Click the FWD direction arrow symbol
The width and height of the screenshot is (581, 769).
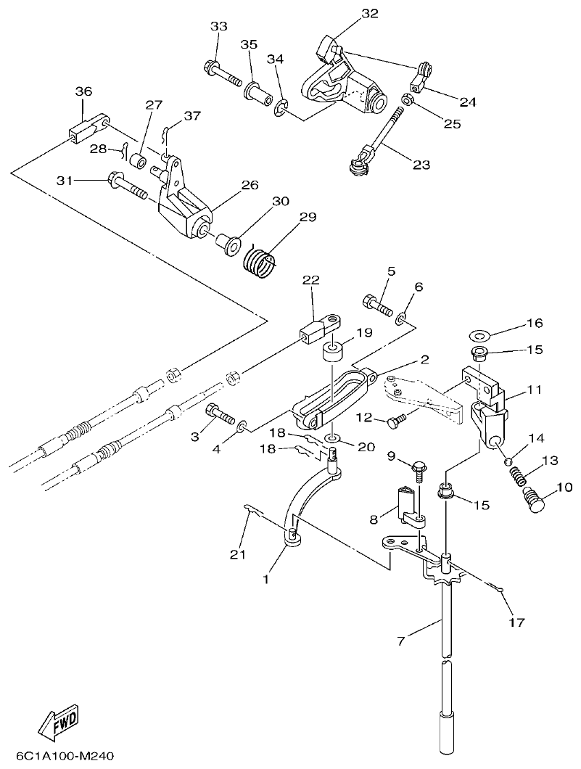(60, 723)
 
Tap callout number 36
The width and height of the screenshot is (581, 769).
(83, 91)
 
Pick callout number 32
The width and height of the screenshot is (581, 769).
(369, 14)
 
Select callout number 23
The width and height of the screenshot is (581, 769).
(421, 165)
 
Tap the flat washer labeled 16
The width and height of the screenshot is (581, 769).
(478, 336)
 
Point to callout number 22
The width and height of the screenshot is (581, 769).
(310, 281)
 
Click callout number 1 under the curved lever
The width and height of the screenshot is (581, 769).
(265, 580)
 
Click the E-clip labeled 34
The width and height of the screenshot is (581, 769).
(281, 110)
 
